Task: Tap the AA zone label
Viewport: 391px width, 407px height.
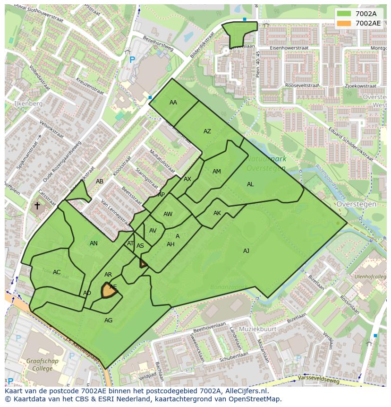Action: [173, 103]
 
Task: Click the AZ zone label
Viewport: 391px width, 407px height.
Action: [207, 131]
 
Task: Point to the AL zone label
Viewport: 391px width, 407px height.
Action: [250, 184]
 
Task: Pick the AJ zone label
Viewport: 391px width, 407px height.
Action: [246, 251]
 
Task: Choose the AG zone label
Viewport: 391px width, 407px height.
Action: [109, 320]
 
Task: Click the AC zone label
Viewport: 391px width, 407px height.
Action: [57, 272]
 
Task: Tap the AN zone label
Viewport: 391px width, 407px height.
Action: [93, 243]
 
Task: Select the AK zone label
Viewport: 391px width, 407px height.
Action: [217, 213]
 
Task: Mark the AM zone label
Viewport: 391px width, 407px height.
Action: [217, 172]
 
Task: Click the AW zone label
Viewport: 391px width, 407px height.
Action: [168, 214]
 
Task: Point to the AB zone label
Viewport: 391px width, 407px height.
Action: [100, 182]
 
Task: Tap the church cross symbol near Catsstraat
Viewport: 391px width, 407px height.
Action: [37, 206]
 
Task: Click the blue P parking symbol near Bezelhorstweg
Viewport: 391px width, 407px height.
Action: [132, 60]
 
